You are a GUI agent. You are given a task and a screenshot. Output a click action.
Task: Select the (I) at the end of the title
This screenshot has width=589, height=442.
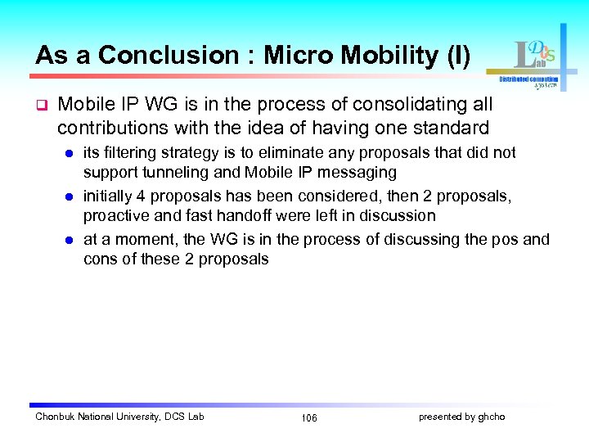click(455, 56)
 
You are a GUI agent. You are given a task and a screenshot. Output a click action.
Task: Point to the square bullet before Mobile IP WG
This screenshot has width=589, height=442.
click(39, 106)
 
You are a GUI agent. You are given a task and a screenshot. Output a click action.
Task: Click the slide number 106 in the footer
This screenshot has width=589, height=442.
click(308, 417)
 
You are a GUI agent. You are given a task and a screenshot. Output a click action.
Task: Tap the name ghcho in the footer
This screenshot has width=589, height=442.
click(490, 417)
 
